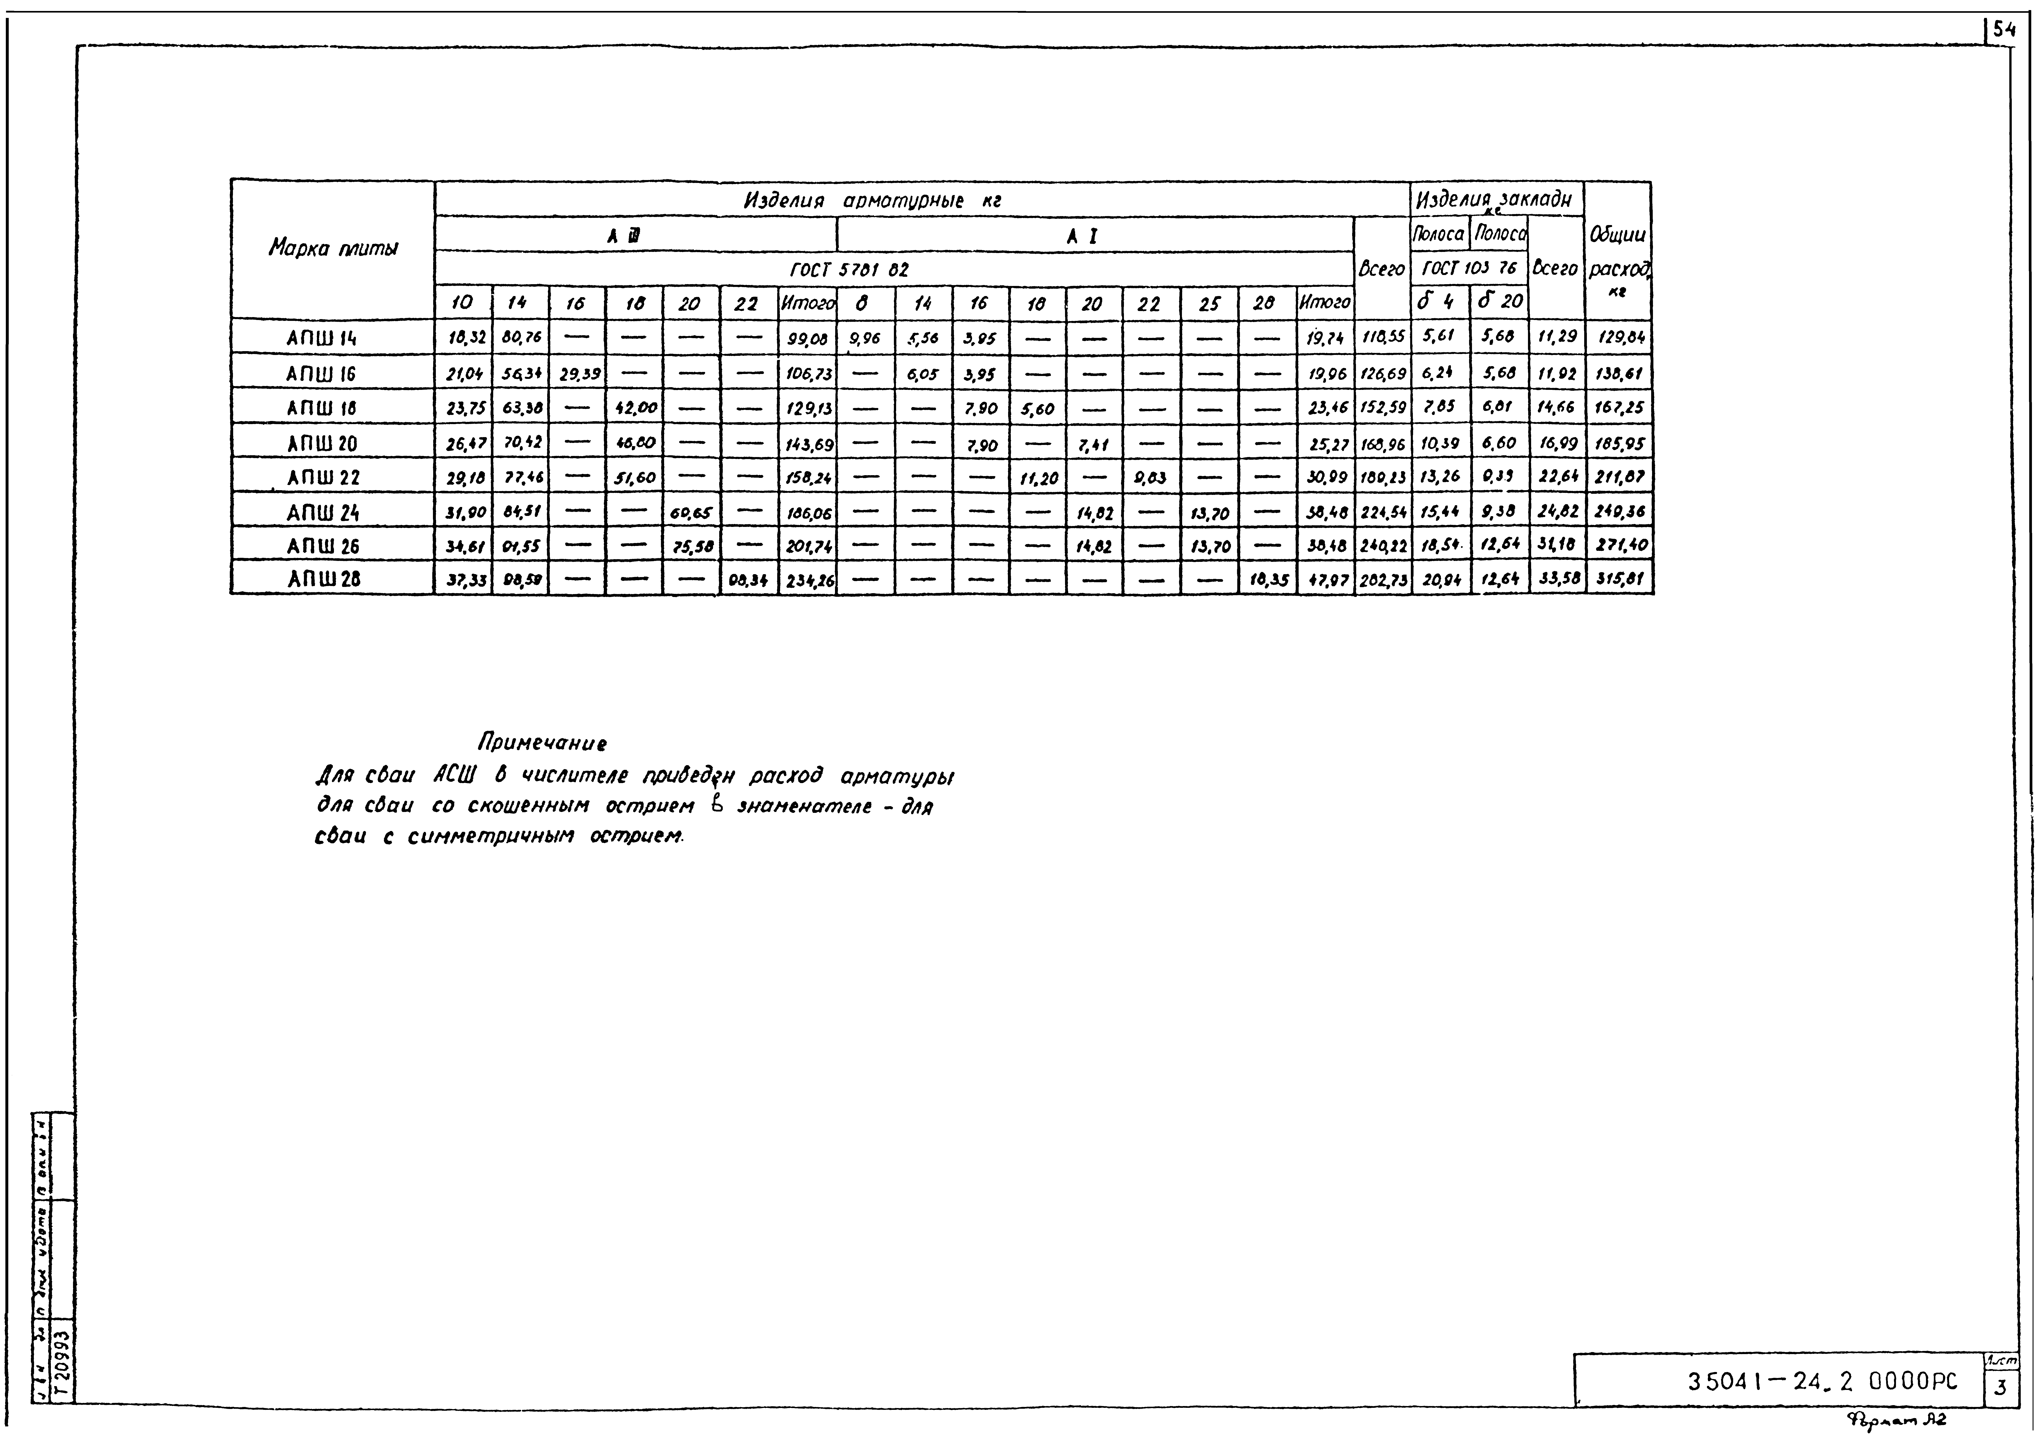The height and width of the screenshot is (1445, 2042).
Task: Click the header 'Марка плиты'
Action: pyautogui.click(x=333, y=248)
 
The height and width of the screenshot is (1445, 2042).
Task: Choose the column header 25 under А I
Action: pyautogui.click(x=1208, y=303)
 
